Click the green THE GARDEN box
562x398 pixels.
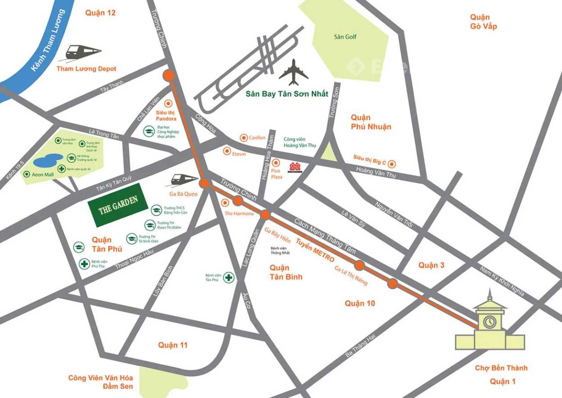point(118,205)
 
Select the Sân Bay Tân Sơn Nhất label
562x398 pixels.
point(287,94)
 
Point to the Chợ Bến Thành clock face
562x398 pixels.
point(490,322)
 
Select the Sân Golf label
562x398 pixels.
point(345,37)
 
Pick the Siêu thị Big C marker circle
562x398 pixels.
point(392,164)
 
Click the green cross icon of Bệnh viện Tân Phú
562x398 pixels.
point(229,277)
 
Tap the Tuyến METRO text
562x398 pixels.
point(315,251)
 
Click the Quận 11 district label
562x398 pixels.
point(172,345)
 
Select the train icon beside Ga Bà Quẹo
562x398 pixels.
point(185,179)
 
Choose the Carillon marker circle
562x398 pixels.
point(244,137)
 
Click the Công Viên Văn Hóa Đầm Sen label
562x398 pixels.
point(100,382)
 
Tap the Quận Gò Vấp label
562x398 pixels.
point(483,22)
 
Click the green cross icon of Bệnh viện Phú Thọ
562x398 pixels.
point(84,264)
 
